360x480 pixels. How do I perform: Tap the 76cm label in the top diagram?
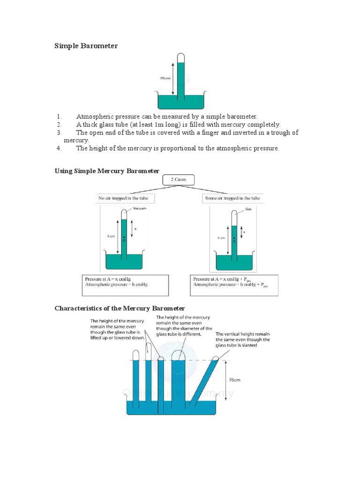165,79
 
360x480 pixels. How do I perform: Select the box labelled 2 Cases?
178,180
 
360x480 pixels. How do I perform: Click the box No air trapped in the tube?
126,198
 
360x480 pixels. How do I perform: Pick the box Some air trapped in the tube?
232,198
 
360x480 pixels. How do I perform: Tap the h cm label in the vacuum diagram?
111,236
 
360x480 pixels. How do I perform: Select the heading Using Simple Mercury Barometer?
107,171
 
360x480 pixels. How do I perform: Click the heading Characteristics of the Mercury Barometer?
120,308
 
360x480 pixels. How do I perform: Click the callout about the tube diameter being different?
184,326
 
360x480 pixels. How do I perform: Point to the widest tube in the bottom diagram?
179,380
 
